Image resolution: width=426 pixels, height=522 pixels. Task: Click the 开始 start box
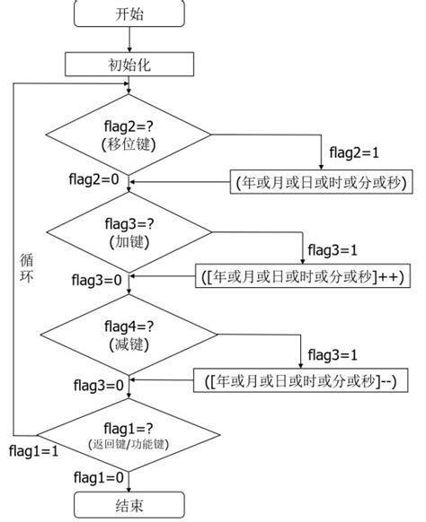[x=129, y=13]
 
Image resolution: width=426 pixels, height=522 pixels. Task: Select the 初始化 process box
[x=129, y=65]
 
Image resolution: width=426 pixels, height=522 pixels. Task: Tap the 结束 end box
[x=129, y=505]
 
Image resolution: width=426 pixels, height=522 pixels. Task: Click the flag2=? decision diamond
[x=129, y=135]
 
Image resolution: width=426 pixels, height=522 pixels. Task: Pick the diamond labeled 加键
[x=129, y=232]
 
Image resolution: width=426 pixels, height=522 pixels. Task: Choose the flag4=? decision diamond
[x=129, y=335]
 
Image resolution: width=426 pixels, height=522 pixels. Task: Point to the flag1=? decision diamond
[x=129, y=435]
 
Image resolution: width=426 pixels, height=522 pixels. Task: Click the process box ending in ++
[x=303, y=276]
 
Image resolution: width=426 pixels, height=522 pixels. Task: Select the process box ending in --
[x=300, y=380]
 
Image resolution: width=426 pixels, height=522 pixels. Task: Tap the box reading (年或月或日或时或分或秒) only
[x=321, y=182]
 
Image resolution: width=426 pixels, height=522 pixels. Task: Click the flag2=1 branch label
[x=354, y=152]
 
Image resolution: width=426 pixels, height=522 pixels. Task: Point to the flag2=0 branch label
[x=93, y=179]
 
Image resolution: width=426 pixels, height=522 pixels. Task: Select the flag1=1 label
[x=33, y=451]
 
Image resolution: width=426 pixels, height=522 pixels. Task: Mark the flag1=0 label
[x=99, y=478]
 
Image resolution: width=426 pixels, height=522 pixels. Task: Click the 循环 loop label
[x=26, y=268]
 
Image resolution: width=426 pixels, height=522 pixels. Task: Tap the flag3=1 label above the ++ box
[x=333, y=250]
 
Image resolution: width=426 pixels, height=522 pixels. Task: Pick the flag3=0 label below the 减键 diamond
[x=98, y=386]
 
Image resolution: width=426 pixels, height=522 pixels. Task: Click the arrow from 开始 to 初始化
[x=129, y=39]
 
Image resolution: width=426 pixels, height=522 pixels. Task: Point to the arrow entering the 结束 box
[x=129, y=482]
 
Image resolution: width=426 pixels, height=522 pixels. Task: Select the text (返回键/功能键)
[x=129, y=444]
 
